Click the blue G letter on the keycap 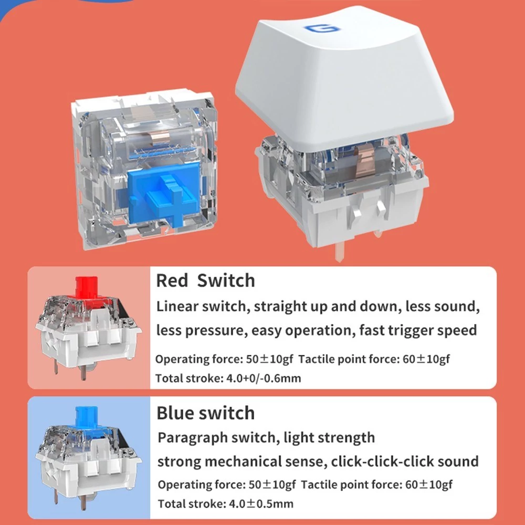pos(322,28)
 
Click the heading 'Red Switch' pos(205,280)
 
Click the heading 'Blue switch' pos(206,413)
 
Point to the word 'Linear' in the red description pos(177,306)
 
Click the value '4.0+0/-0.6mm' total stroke pos(264,379)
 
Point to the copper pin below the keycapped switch pos(339,250)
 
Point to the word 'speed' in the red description pos(460,331)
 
